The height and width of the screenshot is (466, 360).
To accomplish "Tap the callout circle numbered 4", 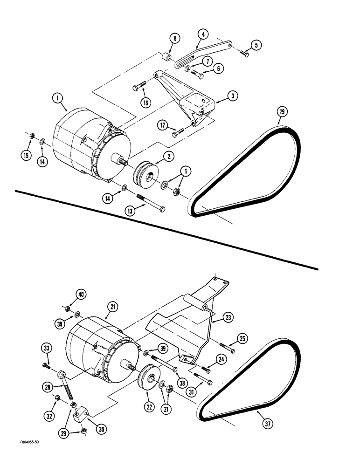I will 203,34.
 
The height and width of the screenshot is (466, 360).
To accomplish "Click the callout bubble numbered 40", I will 82,295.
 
